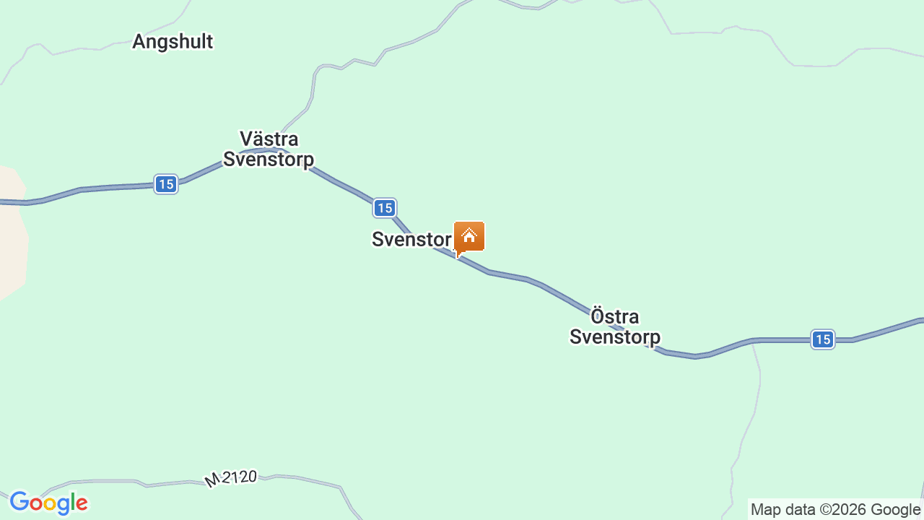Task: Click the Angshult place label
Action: (x=173, y=42)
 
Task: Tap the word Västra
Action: (x=269, y=139)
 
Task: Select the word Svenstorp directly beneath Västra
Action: (x=269, y=159)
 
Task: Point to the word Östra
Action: (x=614, y=316)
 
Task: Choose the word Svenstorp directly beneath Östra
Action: (x=614, y=337)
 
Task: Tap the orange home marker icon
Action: (x=469, y=236)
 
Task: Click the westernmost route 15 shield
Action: (x=166, y=184)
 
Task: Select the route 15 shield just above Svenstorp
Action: (x=384, y=208)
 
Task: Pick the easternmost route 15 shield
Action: (x=822, y=339)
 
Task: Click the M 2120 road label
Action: (x=231, y=478)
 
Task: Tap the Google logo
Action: (x=48, y=503)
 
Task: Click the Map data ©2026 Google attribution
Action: (x=835, y=510)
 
